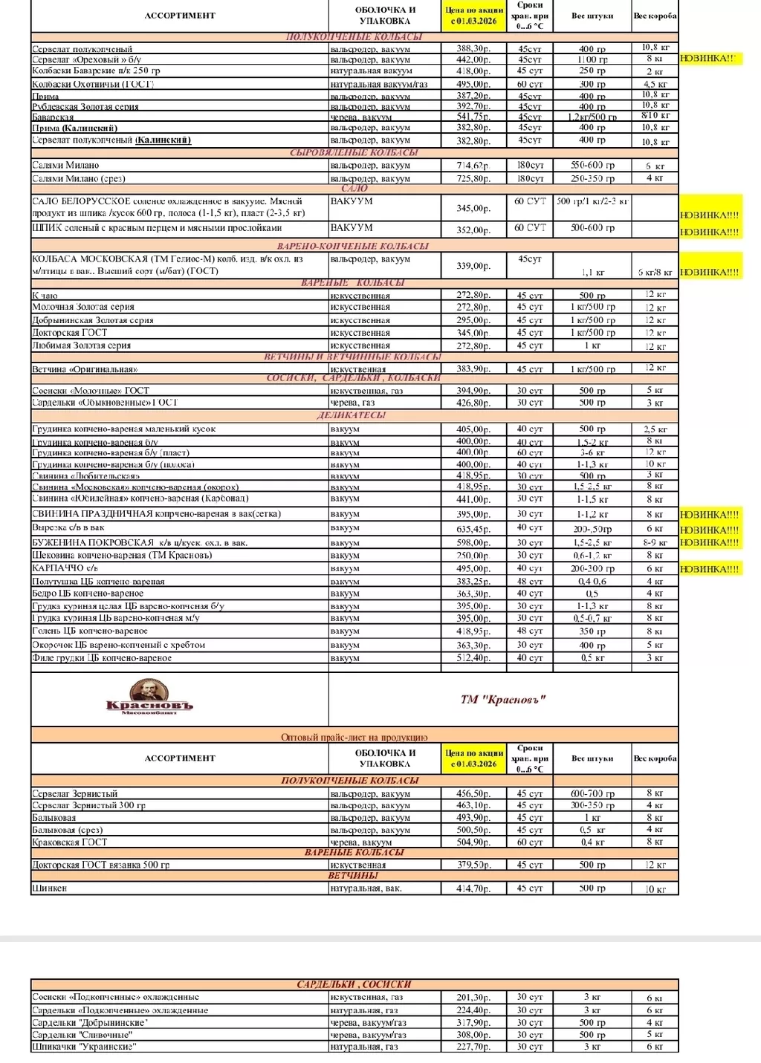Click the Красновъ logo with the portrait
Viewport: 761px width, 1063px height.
[149, 696]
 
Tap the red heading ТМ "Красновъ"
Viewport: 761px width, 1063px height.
[503, 699]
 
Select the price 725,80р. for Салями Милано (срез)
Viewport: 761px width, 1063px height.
[473, 178]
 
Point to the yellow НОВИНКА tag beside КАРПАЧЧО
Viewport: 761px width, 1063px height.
[710, 569]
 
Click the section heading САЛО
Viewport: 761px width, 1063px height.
[354, 189]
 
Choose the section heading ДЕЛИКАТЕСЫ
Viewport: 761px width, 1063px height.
[352, 415]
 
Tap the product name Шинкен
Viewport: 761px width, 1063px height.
[50, 888]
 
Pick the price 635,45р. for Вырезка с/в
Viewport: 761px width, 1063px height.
[473, 530]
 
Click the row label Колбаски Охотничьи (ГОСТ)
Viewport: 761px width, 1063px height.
[93, 84]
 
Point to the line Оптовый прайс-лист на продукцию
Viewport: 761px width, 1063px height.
[354, 737]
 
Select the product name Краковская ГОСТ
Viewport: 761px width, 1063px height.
[70, 842]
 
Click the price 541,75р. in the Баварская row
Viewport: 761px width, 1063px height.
[473, 117]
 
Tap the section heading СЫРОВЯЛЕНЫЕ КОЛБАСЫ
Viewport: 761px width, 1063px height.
[354, 152]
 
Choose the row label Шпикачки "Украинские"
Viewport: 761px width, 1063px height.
[84, 1047]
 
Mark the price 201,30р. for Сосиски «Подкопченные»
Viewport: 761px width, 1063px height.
[473, 998]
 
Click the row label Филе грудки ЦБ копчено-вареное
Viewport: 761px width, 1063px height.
[102, 658]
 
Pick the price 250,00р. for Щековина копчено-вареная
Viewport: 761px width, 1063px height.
[473, 556]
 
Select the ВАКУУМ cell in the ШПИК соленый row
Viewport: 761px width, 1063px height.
[352, 228]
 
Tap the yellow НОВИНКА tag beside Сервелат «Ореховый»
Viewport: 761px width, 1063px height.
[710, 58]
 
